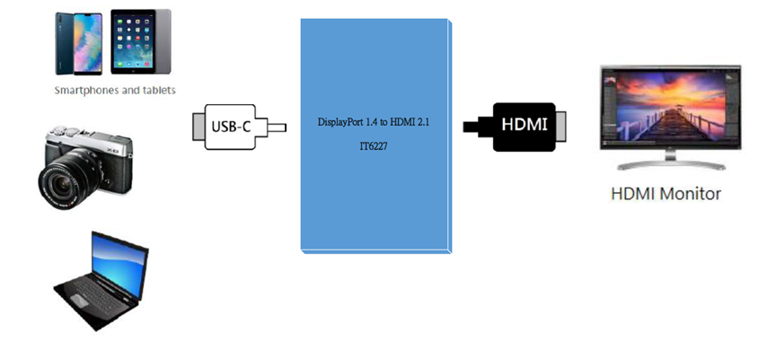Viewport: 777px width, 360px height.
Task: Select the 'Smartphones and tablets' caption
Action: click(x=115, y=91)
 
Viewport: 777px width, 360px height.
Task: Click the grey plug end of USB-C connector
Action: click(x=199, y=127)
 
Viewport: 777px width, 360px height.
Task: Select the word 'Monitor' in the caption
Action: click(x=689, y=194)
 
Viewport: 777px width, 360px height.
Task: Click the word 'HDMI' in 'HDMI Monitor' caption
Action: click(x=632, y=194)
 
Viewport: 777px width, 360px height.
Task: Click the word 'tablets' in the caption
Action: click(x=158, y=91)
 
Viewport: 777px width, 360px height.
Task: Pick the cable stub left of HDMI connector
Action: click(x=471, y=125)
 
